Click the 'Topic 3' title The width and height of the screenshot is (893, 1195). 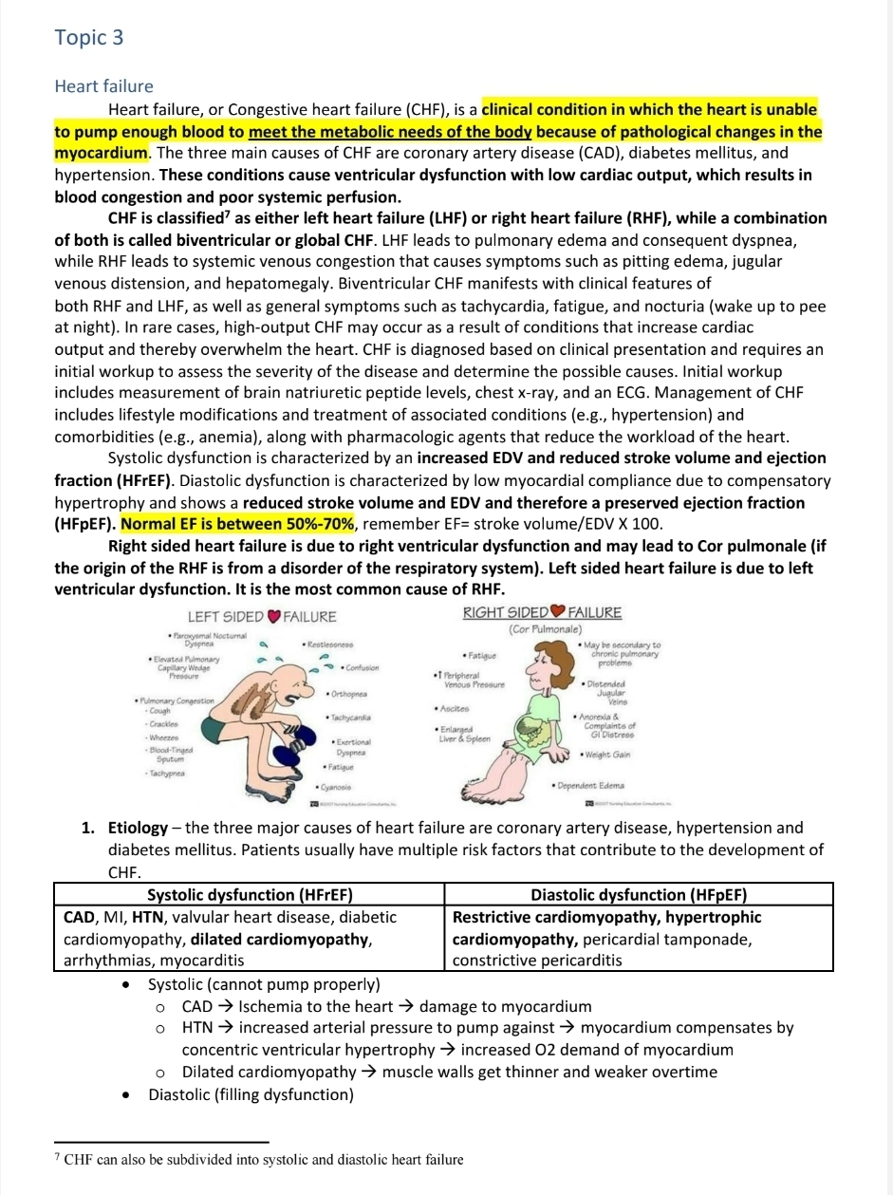[89, 38]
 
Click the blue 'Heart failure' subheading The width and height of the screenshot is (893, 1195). [103, 86]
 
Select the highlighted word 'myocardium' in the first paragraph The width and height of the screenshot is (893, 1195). [101, 153]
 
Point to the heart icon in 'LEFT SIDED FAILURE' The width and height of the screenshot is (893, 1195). [274, 617]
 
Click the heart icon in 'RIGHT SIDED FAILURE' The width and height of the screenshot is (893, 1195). [558, 611]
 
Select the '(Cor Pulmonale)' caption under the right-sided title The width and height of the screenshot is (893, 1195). [545, 629]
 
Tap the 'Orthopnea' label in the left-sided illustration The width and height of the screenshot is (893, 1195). [347, 695]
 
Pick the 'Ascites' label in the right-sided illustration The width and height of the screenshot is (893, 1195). [454, 708]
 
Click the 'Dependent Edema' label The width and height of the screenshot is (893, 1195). [590, 786]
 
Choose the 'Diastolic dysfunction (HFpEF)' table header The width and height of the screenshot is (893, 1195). [639, 895]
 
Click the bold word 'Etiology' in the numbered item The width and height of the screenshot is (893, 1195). [139, 828]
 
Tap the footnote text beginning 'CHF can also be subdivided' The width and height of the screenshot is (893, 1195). [264, 1159]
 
